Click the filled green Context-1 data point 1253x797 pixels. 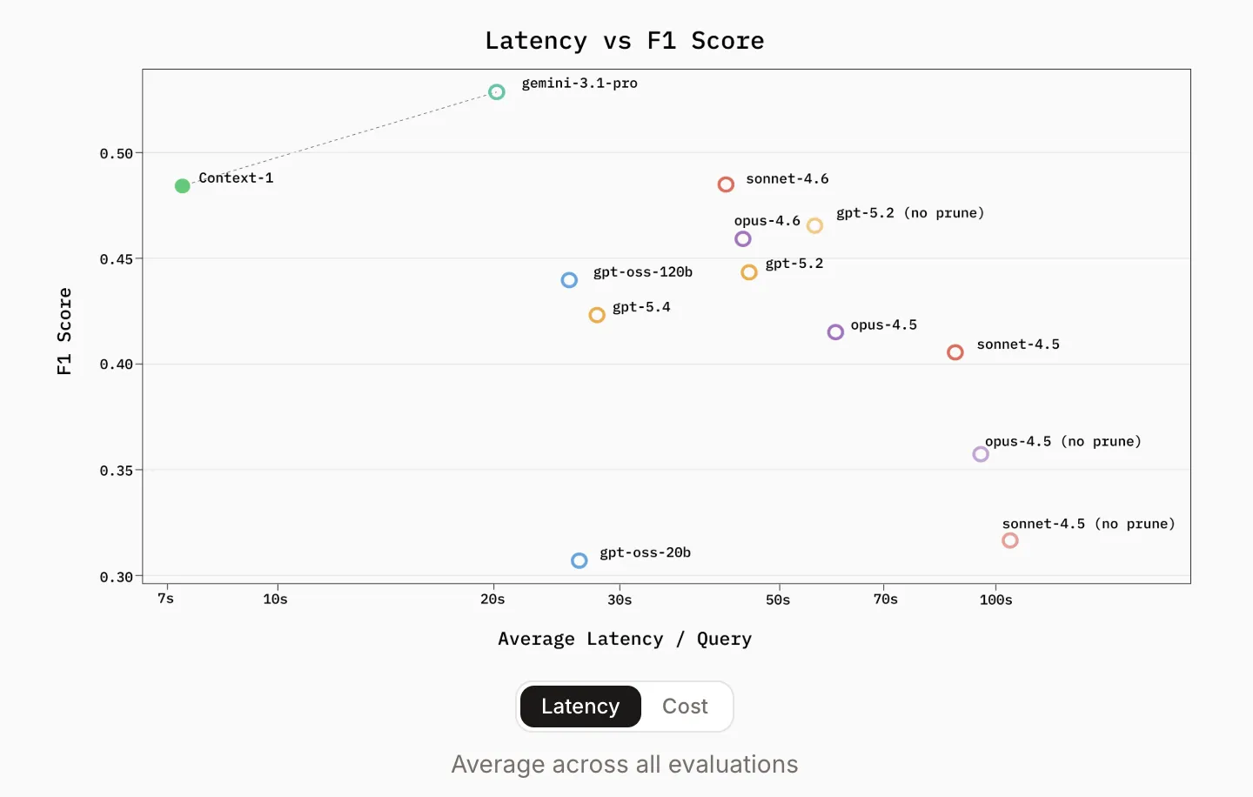coord(182,186)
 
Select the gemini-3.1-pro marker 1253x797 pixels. coord(496,92)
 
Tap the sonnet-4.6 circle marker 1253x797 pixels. coord(726,184)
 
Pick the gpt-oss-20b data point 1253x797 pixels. coord(579,561)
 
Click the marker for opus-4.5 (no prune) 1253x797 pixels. coord(981,454)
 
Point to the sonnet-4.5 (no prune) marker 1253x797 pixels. coord(1010,540)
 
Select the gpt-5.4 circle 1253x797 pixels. coord(597,315)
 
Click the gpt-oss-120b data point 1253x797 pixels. coord(569,280)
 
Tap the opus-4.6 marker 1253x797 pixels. coord(742,239)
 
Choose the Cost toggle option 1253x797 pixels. coord(685,707)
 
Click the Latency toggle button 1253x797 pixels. coord(580,707)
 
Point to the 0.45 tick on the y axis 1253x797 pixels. coord(117,259)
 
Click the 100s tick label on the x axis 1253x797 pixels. coord(995,599)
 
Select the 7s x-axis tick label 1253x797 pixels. coord(165,599)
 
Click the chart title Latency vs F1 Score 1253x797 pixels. coord(625,41)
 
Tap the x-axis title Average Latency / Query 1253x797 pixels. coord(625,640)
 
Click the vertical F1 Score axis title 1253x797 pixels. coord(64,331)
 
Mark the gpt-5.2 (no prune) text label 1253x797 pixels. coord(910,213)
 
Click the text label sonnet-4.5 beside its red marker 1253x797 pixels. coord(1018,345)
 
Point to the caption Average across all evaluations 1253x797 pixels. coord(625,764)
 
